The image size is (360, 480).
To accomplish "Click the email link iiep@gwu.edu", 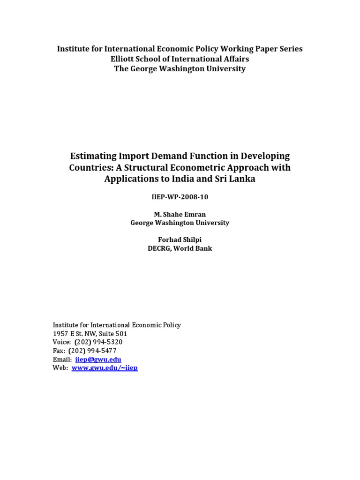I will (x=98, y=360).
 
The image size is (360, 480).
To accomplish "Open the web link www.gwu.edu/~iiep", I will (x=105, y=368).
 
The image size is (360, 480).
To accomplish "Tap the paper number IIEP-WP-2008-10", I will (x=180, y=197).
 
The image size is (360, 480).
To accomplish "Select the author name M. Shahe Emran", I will (x=180, y=214).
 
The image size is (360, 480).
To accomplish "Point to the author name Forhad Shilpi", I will (x=180, y=240).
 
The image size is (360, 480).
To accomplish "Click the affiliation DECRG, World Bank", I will (x=180, y=248).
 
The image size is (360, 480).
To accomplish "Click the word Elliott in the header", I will (x=124, y=59).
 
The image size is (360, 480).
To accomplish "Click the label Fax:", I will (x=59, y=351).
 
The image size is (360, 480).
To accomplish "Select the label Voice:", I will (x=62, y=342).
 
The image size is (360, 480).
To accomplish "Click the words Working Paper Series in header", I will (x=263, y=49).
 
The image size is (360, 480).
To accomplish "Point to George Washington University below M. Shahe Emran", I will (x=180, y=223).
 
